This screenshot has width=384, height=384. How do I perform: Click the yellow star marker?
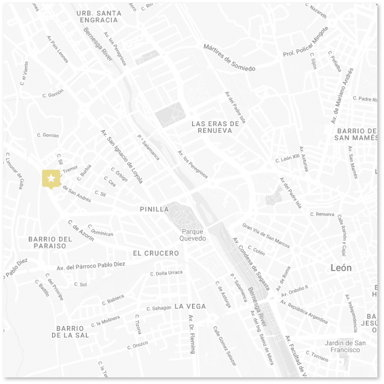pyautogui.click(x=51, y=178)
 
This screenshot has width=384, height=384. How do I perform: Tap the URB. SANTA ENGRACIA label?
pyautogui.click(x=99, y=16)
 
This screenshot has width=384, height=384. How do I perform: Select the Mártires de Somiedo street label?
pyautogui.click(x=229, y=58)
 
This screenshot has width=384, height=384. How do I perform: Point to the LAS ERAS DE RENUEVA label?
pyautogui.click(x=215, y=127)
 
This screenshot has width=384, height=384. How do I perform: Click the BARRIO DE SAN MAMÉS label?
pyautogui.click(x=356, y=134)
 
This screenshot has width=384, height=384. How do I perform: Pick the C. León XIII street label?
pyautogui.click(x=287, y=159)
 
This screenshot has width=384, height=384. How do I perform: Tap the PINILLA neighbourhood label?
pyautogui.click(x=154, y=209)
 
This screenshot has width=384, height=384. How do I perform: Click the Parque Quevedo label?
pyautogui.click(x=193, y=235)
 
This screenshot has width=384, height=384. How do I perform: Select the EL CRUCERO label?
pyautogui.click(x=156, y=253)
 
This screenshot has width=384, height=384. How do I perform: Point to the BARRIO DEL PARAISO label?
pyautogui.click(x=50, y=242)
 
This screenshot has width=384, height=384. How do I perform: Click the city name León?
pyautogui.click(x=341, y=267)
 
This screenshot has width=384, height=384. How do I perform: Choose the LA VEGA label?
pyautogui.click(x=190, y=306)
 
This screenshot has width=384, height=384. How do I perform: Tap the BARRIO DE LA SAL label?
pyautogui.click(x=70, y=331)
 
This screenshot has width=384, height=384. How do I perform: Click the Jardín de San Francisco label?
pyautogui.click(x=345, y=346)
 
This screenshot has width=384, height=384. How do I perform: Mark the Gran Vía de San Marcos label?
pyautogui.click(x=266, y=235)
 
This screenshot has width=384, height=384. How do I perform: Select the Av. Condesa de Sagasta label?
pyautogui.click(x=252, y=264)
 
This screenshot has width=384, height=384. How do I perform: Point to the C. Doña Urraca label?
pyautogui.click(x=166, y=273)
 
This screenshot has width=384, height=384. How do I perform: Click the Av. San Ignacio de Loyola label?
pyautogui.click(x=122, y=156)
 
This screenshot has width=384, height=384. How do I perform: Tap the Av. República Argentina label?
pyautogui.click(x=304, y=312)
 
